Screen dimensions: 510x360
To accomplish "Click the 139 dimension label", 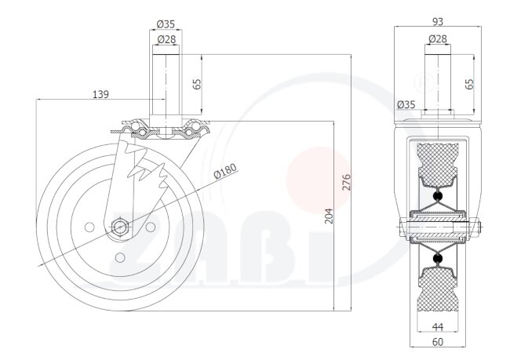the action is (101, 94).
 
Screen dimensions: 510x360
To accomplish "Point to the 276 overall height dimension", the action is (347, 182).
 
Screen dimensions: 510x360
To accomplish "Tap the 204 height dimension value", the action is (330, 216).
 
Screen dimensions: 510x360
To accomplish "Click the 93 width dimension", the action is (438, 21).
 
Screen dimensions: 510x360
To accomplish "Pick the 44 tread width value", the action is (438, 327).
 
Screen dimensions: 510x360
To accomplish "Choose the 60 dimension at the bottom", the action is (438, 342).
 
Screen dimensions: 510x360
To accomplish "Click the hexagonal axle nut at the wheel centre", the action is (120, 226).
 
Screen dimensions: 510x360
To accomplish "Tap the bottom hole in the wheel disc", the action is (120, 257).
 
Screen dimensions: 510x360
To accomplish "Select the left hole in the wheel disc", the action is (89, 227).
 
